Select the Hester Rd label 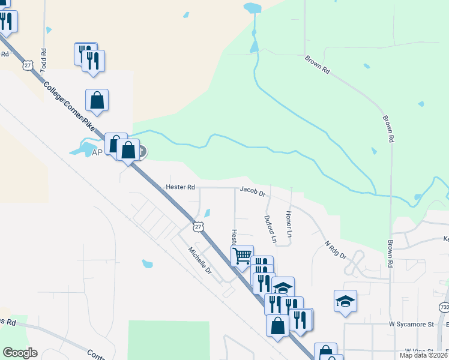(181, 187)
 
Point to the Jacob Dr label (253, 191)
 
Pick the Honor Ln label (289, 223)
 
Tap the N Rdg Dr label (336, 250)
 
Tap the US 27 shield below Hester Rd (198, 226)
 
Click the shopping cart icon (242, 256)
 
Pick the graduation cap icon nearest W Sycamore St (345, 301)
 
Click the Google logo (20, 353)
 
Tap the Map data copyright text (424, 355)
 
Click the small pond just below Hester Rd (208, 212)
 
